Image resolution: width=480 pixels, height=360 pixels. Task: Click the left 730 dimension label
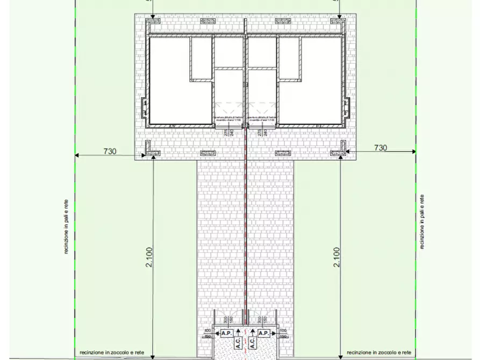(x=110, y=152)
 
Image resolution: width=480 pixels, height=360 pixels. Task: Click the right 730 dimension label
(x=380, y=147)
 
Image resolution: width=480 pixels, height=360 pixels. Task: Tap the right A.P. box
(x=263, y=333)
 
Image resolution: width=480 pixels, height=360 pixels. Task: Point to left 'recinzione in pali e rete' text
(x=66, y=226)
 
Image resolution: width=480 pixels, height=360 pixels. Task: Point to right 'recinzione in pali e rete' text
(x=422, y=221)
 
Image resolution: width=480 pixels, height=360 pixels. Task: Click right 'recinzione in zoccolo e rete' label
(x=379, y=352)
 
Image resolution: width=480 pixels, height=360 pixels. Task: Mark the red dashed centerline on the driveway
(x=246, y=226)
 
